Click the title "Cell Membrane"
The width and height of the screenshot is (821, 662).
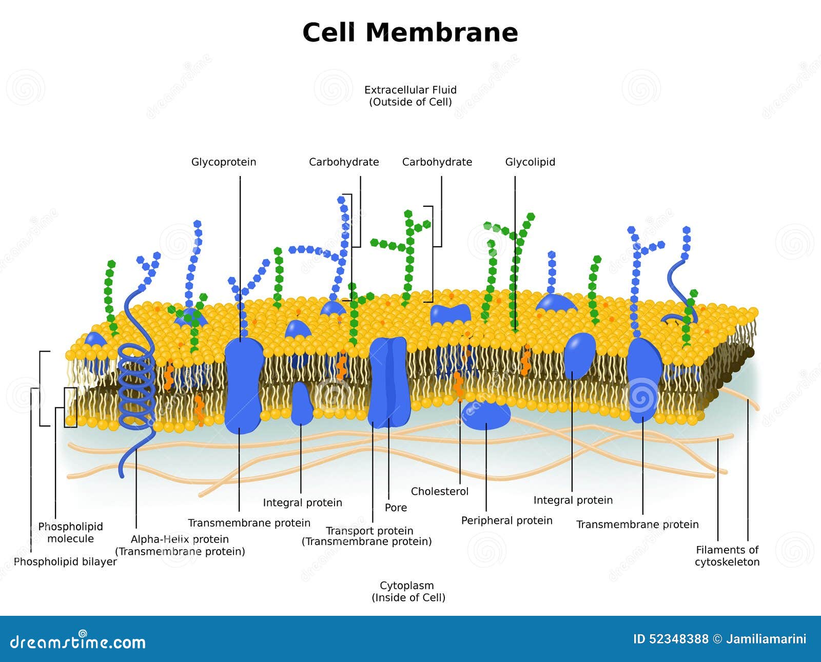point(410,32)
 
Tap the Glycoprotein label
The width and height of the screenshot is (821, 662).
point(224,162)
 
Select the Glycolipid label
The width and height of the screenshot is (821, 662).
point(530,162)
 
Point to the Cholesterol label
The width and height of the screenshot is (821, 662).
point(440,492)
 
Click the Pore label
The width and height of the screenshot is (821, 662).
point(396,508)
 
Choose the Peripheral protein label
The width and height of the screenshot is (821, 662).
point(506,521)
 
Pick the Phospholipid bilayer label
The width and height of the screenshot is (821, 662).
point(65,562)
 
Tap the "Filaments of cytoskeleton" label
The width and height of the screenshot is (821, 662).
point(727,556)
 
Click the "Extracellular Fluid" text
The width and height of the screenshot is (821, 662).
point(411,90)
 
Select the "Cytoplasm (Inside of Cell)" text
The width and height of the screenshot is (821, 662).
point(408,591)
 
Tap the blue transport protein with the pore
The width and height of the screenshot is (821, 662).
point(389,382)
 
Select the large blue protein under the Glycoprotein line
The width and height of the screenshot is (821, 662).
point(243,385)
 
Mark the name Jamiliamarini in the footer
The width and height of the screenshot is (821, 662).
point(766,639)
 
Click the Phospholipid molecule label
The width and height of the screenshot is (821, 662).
point(71,533)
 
